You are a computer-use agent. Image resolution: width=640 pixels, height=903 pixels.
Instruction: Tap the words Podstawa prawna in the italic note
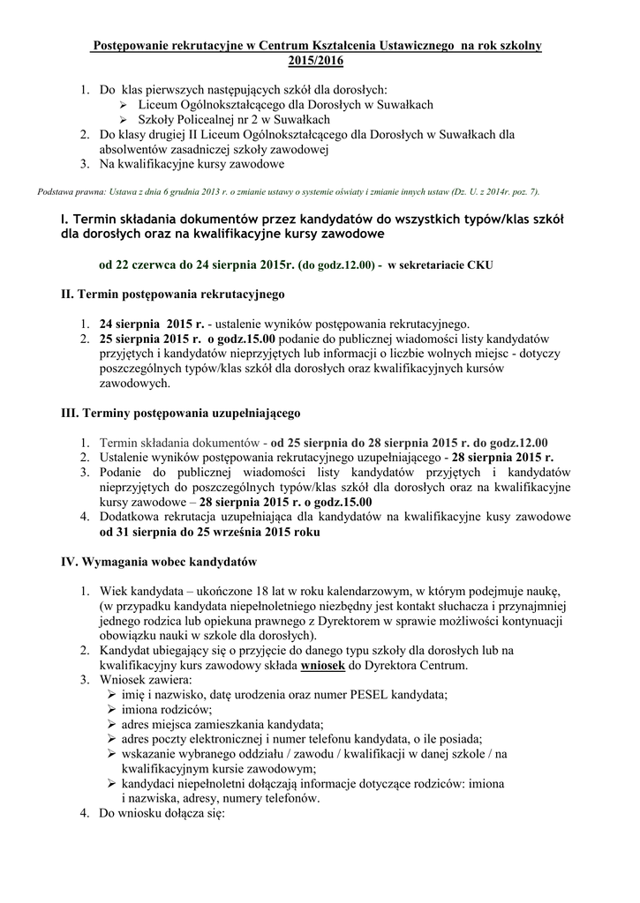pyautogui.click(x=72, y=191)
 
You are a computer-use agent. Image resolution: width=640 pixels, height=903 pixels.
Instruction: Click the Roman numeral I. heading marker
pyautogui.click(x=64, y=218)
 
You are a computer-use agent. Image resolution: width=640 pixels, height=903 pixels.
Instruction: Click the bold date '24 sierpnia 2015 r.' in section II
pyautogui.click(x=151, y=323)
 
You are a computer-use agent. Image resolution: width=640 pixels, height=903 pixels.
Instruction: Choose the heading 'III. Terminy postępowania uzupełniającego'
pyautogui.click(x=181, y=412)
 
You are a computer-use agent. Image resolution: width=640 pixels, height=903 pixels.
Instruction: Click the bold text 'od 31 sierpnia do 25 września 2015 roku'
pyautogui.click(x=209, y=534)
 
